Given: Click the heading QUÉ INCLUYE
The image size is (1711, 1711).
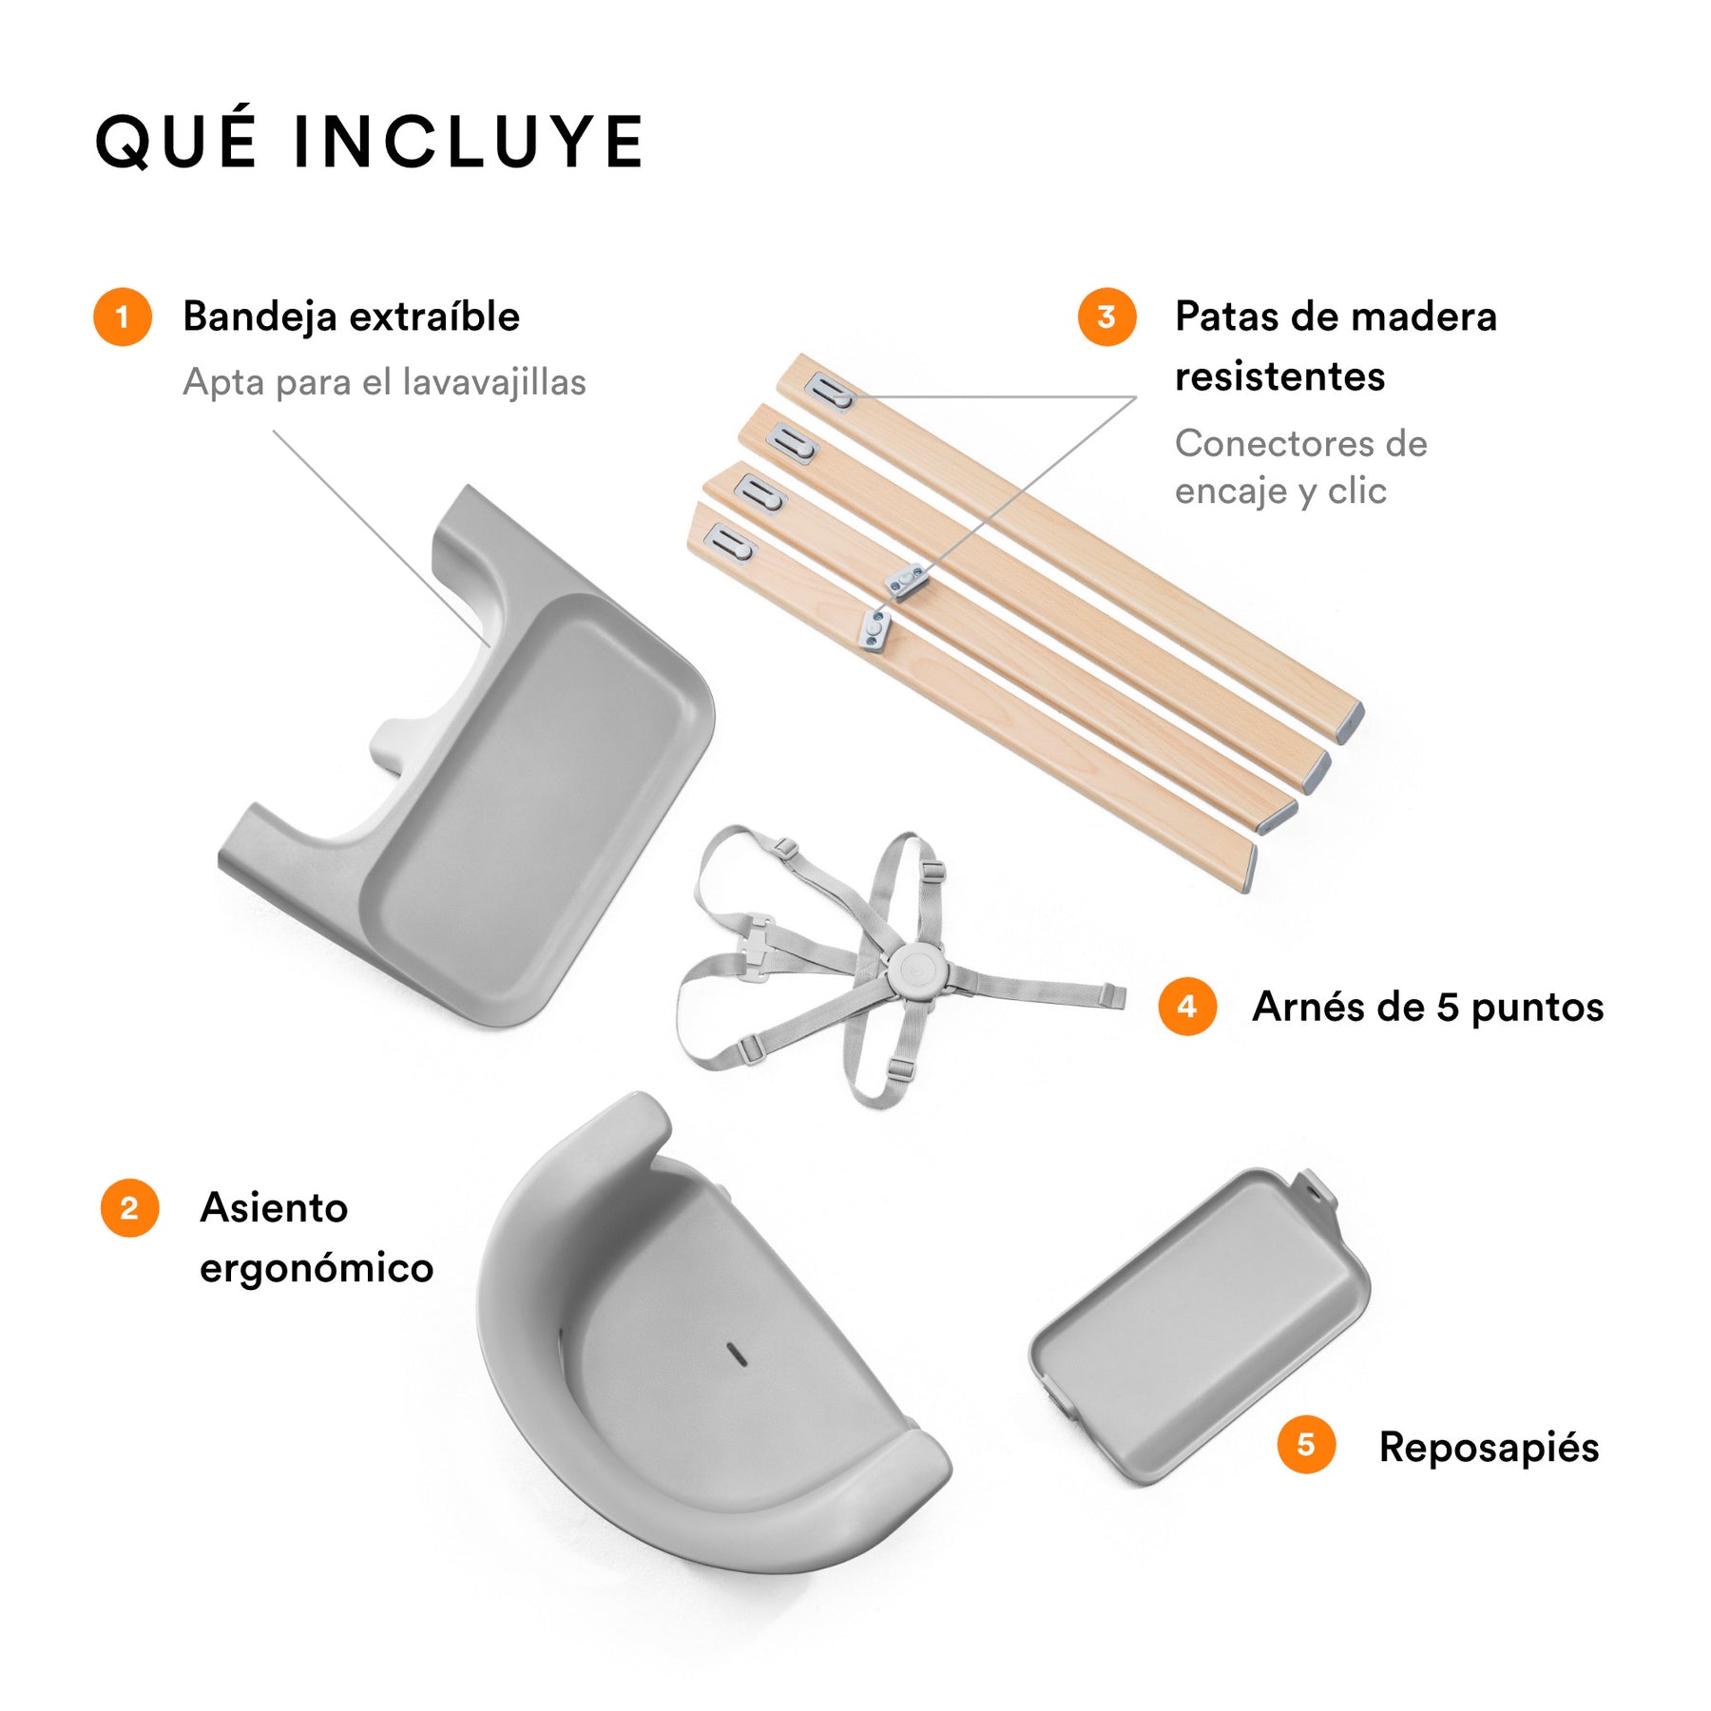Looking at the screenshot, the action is click(370, 141).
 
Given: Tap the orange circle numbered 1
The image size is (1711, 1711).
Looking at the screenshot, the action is click(123, 317).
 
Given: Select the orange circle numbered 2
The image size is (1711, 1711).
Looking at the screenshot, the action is click(129, 1208).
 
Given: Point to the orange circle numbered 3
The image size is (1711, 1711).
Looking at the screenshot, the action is click(1106, 317).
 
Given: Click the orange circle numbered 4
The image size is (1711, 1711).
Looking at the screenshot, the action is click(1187, 1007).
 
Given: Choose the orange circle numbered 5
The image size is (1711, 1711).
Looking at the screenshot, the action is click(1306, 1445).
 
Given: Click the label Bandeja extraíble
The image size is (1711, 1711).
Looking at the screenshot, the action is click(352, 317).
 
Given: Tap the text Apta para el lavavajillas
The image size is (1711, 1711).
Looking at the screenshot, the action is click(384, 382).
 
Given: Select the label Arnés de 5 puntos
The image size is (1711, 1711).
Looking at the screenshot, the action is click(1428, 1007).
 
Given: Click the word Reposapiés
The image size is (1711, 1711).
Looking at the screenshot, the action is click(1489, 1448).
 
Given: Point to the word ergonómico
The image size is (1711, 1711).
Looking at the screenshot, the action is click(317, 1269).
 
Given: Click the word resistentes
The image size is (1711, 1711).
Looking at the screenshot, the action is click(1279, 376).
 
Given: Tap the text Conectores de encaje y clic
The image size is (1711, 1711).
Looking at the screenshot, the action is click(1300, 467).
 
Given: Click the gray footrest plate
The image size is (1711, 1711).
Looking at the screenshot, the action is click(1200, 1327).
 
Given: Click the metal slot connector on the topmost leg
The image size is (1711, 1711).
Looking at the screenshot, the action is click(830, 392).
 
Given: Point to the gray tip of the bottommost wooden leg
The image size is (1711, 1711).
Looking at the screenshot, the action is click(1249, 868).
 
